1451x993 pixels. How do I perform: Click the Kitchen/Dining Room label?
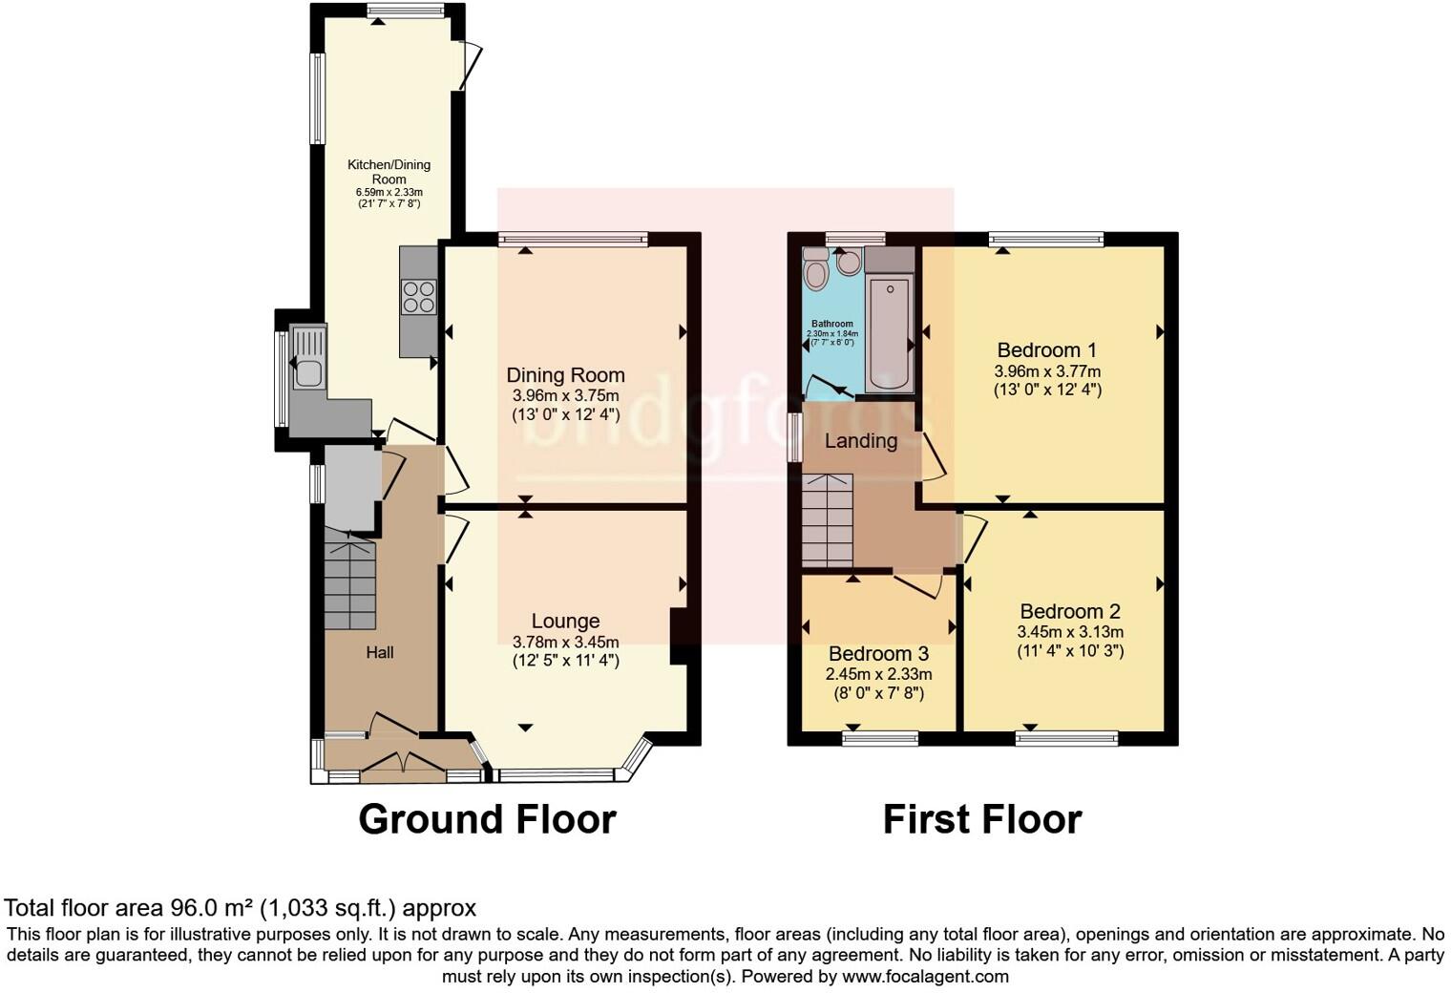[x=389, y=172]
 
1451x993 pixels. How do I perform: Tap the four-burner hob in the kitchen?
[x=419, y=296]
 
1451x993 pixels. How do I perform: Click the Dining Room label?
[x=565, y=375]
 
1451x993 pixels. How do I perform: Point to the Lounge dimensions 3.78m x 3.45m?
[x=565, y=642]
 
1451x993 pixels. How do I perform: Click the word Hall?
[x=380, y=653]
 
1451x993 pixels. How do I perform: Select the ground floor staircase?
[x=350, y=584]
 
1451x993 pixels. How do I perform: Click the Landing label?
[x=861, y=441]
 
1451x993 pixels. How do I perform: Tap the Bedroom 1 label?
[x=1047, y=350]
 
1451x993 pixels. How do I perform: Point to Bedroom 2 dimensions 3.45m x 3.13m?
[x=1069, y=632]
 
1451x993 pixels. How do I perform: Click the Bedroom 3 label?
[x=878, y=654]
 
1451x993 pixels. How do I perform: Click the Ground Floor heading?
[x=487, y=819]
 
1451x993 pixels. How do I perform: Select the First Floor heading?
[x=981, y=819]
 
